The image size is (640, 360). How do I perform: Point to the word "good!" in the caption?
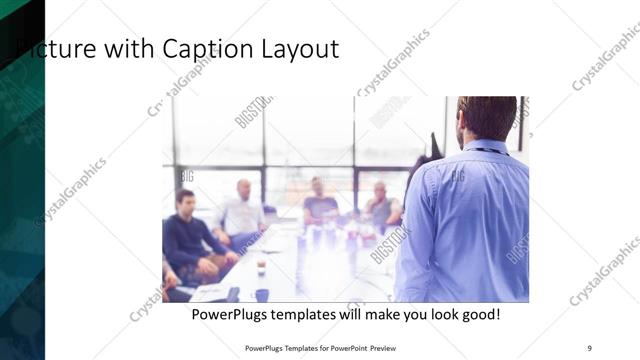(479, 315)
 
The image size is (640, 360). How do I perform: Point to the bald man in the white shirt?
(243, 213)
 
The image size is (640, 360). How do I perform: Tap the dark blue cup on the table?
(262, 294)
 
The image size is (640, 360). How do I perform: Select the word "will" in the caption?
(344, 315)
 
